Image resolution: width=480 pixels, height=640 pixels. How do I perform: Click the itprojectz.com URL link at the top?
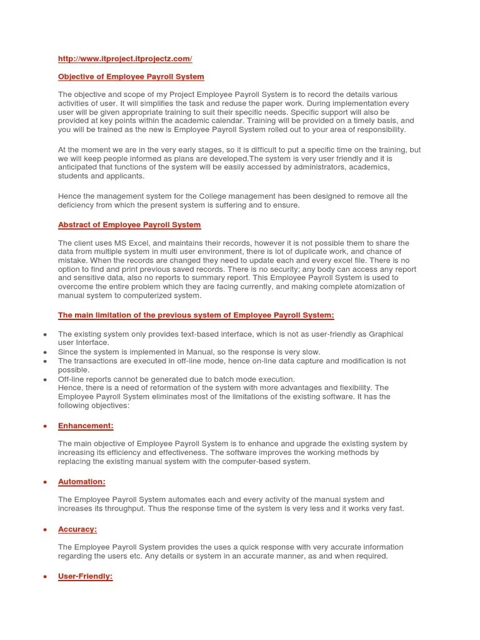125,59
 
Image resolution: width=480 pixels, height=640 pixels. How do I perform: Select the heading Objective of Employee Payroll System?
131,77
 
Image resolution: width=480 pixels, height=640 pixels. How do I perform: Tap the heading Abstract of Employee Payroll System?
129,225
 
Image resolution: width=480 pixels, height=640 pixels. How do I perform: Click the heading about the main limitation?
196,316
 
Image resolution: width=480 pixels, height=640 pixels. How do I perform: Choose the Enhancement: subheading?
86,426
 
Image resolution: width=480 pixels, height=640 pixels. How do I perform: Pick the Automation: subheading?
81,482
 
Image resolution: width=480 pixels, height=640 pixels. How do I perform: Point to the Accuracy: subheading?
77,529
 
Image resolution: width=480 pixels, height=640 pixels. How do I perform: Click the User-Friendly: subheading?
85,576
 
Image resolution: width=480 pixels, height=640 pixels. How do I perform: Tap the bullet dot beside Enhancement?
46,426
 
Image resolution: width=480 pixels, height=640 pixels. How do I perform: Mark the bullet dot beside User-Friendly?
46,577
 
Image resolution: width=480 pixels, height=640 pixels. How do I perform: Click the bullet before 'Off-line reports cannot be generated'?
46,379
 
